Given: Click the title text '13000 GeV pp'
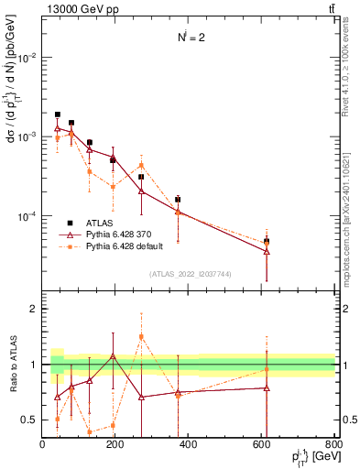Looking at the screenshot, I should [x=74, y=8].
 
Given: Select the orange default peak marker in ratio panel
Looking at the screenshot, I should [x=141, y=336].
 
